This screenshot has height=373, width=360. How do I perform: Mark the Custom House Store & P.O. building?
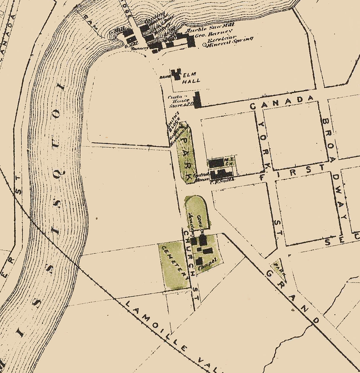[197, 100]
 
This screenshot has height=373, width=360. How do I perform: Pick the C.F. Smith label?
[222, 180]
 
